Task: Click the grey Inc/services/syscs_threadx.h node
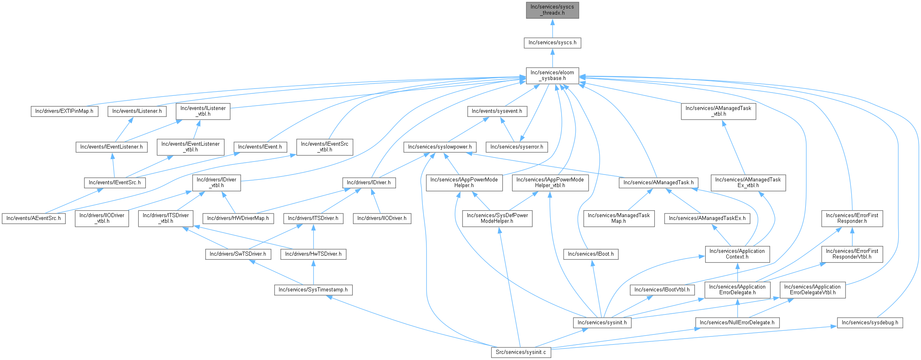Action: [552, 10]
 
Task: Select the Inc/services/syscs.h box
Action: [552, 43]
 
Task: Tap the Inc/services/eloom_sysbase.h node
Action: [552, 75]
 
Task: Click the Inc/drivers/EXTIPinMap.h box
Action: [64, 111]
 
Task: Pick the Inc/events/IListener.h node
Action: [137, 111]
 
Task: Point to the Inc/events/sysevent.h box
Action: [497, 111]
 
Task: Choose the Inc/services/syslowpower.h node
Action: [440, 147]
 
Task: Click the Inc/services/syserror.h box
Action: [516, 147]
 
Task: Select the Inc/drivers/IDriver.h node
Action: [369, 183]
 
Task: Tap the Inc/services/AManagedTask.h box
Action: [658, 183]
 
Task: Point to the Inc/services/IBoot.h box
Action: [591, 254]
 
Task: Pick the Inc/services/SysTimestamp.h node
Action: [313, 290]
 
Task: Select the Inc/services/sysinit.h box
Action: [602, 323]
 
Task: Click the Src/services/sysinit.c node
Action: [521, 352]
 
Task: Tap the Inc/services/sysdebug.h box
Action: [870, 323]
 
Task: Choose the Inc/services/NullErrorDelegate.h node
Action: [737, 323]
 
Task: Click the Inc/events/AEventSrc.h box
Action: [34, 218]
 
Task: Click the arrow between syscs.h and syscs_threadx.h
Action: [552, 28]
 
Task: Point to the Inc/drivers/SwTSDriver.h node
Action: [238, 254]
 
